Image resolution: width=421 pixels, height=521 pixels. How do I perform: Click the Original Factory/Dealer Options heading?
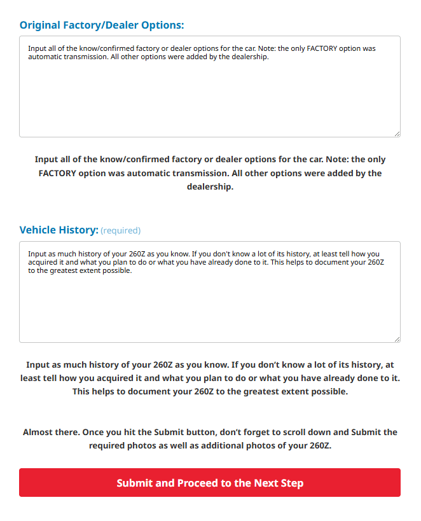(101, 25)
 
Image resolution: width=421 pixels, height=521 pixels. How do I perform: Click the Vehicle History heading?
(59, 230)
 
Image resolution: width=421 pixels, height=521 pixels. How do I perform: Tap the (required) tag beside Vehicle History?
(121, 231)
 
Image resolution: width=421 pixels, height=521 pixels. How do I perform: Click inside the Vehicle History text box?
(209, 305)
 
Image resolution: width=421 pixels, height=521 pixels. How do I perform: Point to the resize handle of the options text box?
(397, 134)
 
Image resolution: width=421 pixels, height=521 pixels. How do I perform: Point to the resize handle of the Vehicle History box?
(397, 339)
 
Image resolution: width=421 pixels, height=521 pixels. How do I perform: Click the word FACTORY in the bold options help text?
(60, 173)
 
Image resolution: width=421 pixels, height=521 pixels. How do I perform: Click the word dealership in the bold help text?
(210, 187)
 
